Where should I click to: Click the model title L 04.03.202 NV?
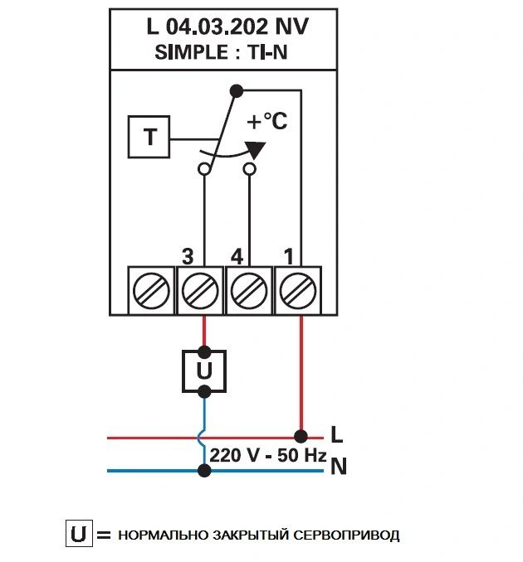227,27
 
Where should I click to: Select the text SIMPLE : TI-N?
221,52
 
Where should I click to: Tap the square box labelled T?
149,137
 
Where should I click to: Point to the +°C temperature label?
267,121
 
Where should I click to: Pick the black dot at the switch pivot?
237,91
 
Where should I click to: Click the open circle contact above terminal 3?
204,169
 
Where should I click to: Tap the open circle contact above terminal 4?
250,169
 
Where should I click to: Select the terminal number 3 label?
188,256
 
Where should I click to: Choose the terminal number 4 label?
237,256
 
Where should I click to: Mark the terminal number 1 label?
289,256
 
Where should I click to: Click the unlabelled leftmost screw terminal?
151,291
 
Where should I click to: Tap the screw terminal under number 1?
298,291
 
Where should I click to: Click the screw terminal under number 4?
249,291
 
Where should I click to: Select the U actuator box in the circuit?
204,371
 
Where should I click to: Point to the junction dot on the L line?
301,437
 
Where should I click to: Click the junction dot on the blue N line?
204,470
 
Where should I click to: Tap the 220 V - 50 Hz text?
268,455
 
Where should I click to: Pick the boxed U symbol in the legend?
79,533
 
